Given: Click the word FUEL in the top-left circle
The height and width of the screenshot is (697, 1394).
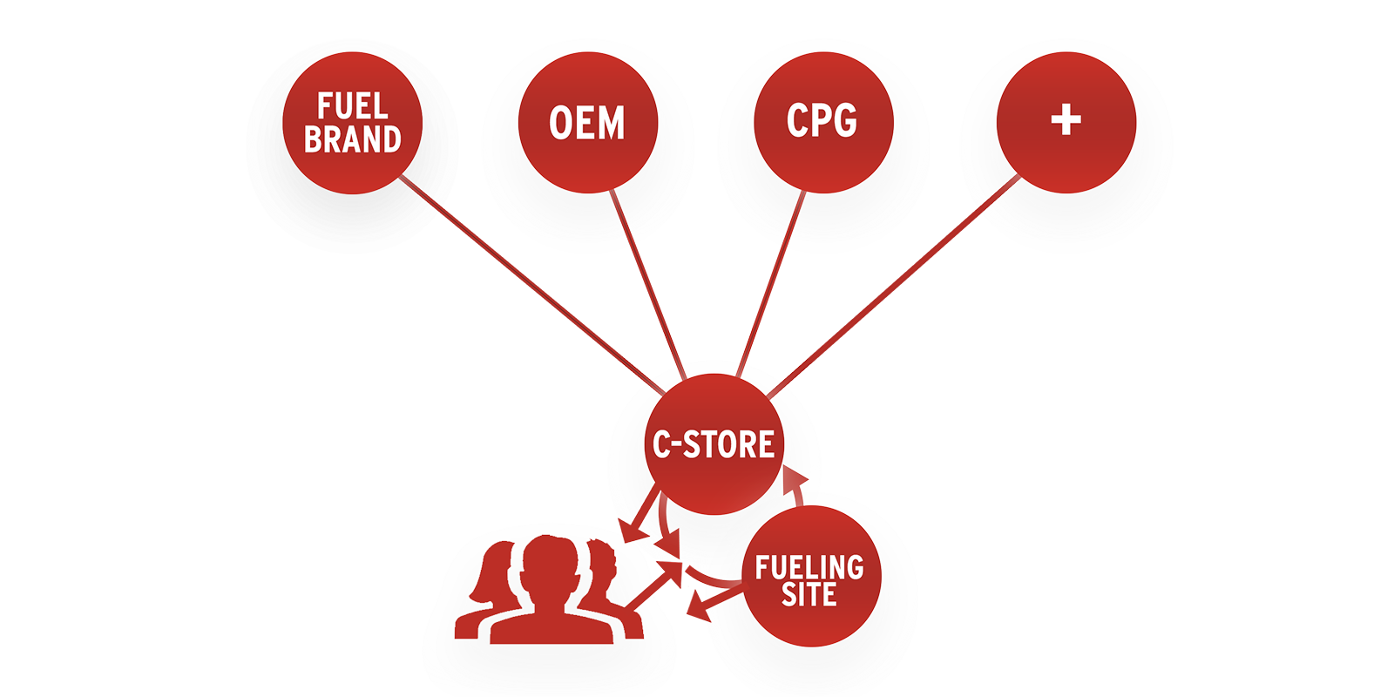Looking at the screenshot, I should [x=352, y=107].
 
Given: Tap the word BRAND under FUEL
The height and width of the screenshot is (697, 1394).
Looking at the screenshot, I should [x=352, y=139].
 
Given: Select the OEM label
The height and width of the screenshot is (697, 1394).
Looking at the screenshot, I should [x=586, y=123].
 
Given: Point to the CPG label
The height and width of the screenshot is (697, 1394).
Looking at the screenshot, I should [x=822, y=120].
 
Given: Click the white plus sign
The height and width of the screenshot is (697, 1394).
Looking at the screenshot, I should [x=1066, y=120].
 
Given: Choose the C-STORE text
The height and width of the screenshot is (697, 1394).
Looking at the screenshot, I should [x=714, y=444].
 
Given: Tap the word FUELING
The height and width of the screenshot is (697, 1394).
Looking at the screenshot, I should [x=809, y=568].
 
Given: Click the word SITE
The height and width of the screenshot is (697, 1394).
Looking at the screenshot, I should [x=809, y=596].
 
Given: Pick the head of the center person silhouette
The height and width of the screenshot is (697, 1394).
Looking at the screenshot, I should [x=550, y=562].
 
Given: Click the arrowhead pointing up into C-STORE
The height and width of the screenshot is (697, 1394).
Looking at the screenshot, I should [x=795, y=478].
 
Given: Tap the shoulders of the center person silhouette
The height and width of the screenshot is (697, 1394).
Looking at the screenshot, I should [x=550, y=626].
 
